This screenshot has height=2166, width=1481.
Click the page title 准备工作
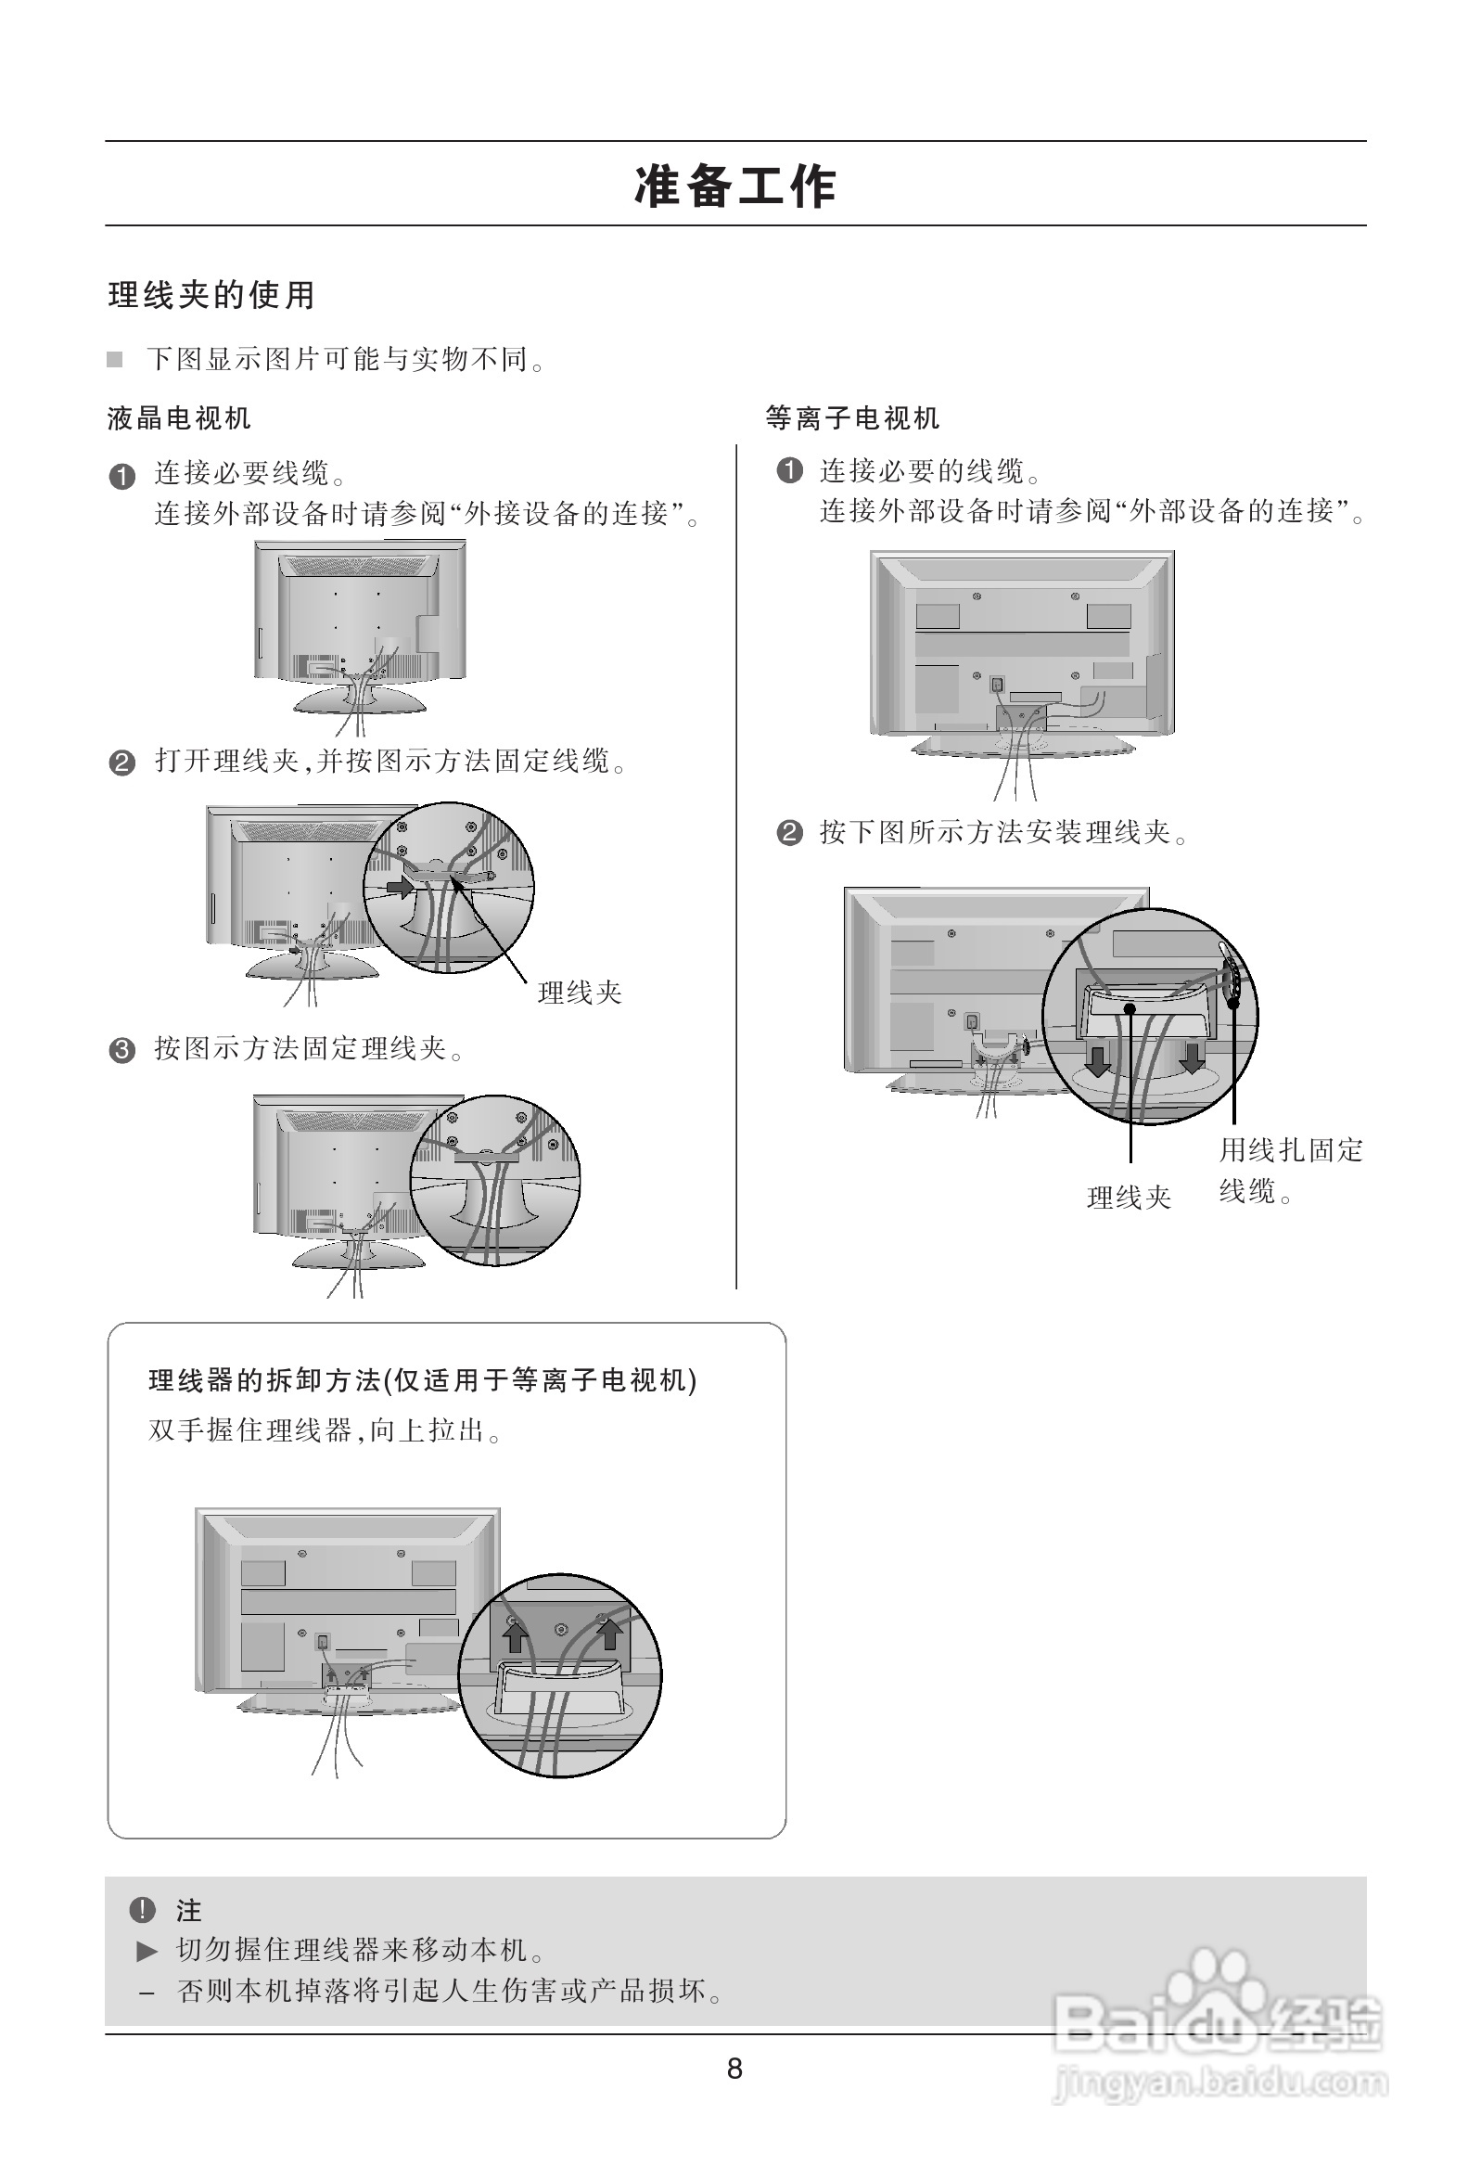[x=735, y=186]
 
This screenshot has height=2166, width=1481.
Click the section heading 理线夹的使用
[x=212, y=296]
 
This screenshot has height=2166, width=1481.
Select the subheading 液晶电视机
[x=179, y=418]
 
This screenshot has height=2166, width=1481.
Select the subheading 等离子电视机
[x=852, y=418]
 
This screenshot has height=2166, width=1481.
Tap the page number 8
[x=734, y=2070]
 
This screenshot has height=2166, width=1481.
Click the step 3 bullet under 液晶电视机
[x=122, y=1050]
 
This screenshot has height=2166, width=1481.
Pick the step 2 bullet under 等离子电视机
[x=788, y=832]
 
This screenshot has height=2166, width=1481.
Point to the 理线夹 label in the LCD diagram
[x=580, y=993]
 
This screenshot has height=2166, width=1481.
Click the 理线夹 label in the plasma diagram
[x=1129, y=1198]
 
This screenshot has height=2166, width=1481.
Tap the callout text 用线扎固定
[x=1291, y=1151]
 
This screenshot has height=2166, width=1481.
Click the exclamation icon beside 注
[x=142, y=1911]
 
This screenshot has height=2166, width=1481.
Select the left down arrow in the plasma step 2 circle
[x=1099, y=1059]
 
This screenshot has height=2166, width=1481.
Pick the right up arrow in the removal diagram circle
[x=609, y=1633]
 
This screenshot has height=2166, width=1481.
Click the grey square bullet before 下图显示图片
[x=115, y=360]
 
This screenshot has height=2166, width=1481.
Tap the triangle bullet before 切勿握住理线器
[x=147, y=1951]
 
